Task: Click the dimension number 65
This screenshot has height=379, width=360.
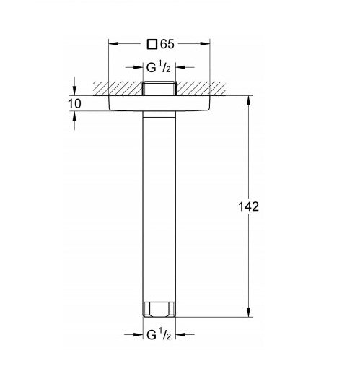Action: click(166, 43)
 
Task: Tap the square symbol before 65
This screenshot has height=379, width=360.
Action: click(151, 43)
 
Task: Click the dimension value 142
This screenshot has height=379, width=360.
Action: click(247, 206)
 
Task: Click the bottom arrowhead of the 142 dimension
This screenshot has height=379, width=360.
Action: click(250, 313)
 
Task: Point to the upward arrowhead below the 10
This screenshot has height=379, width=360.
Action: click(75, 115)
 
